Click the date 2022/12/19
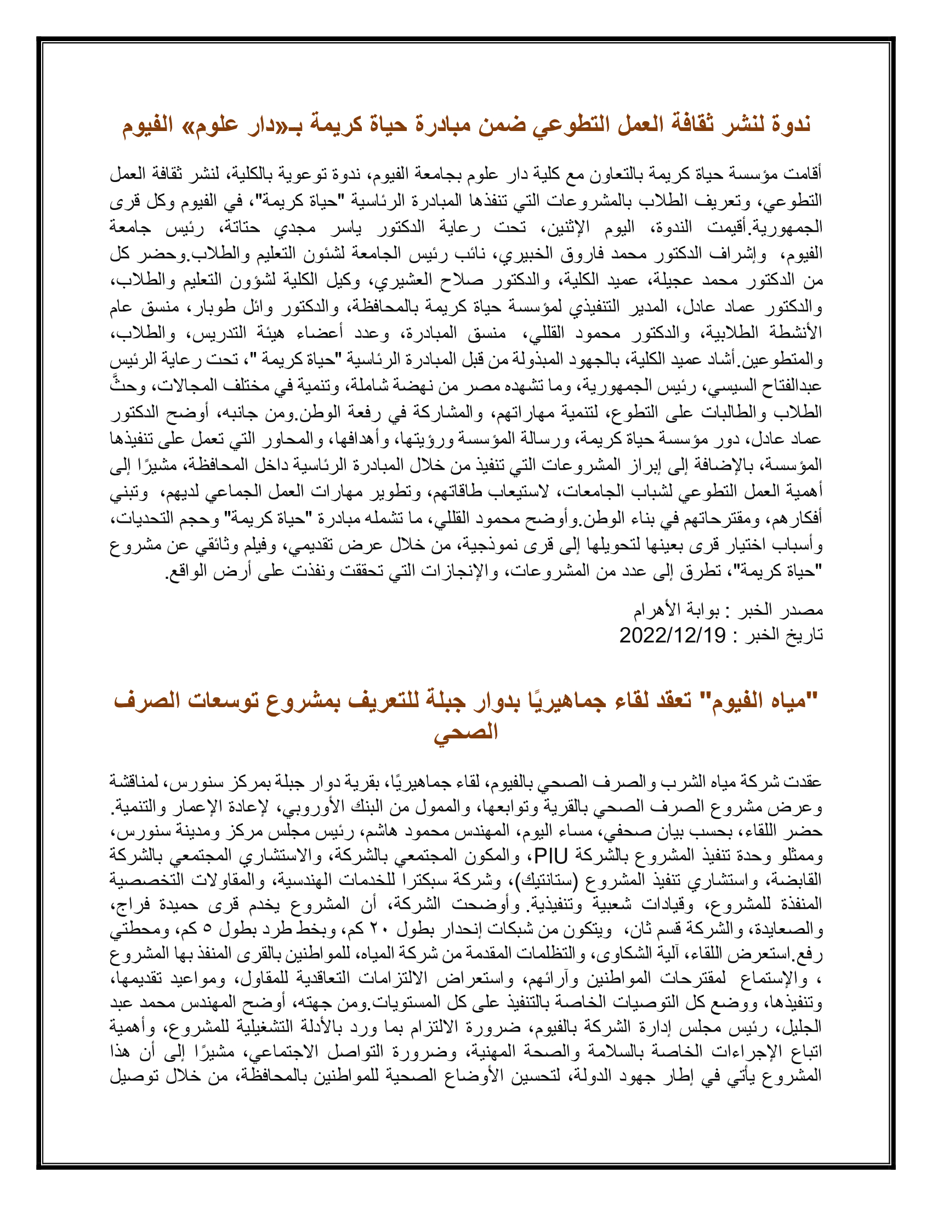672,635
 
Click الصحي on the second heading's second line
465,733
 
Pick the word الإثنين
570,227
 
